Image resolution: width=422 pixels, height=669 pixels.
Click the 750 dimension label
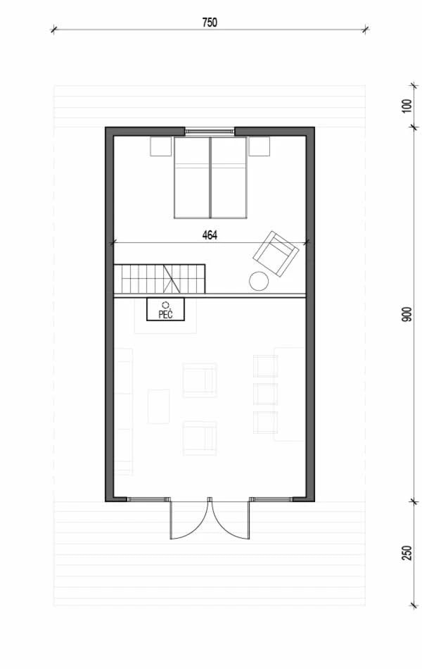[210, 23]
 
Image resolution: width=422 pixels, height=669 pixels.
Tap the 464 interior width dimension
[210, 235]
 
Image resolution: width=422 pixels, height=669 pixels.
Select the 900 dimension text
[407, 314]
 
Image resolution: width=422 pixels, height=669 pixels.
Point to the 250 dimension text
[407, 553]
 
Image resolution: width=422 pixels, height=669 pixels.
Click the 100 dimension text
[407, 106]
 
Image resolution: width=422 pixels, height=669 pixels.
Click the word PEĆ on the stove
[165, 315]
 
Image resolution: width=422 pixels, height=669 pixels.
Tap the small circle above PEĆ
[165, 305]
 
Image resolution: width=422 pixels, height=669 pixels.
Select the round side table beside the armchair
[259, 281]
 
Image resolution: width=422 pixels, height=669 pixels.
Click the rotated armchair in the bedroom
[276, 254]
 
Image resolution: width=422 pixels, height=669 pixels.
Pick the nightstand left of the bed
[160, 146]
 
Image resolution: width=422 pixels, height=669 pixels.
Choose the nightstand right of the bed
[259, 146]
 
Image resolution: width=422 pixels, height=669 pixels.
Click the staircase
[160, 279]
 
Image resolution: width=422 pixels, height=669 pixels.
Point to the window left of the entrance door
[146, 499]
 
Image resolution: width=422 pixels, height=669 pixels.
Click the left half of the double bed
[192, 178]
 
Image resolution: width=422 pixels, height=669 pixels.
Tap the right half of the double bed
[229, 178]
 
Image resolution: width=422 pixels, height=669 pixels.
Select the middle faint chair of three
[266, 394]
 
